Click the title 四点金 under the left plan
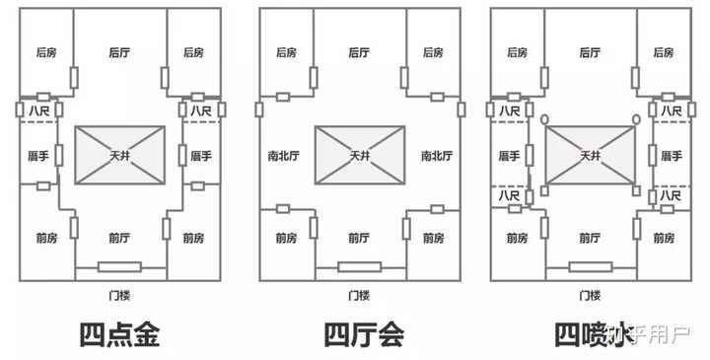[x=119, y=335]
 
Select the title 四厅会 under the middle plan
[x=364, y=335]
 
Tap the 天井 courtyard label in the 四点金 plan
[x=120, y=156]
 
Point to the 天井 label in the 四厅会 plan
[x=360, y=156]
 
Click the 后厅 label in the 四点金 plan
[x=119, y=52]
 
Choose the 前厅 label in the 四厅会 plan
[x=359, y=238]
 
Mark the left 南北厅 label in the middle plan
[x=283, y=156]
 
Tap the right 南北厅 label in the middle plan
[x=437, y=156]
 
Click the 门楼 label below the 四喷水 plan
[x=590, y=296]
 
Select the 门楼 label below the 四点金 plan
[x=119, y=296]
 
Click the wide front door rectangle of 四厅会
[x=360, y=266]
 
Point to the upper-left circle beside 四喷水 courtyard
[x=544, y=119]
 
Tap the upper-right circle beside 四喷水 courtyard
[x=636, y=119]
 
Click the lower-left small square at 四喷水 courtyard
[x=544, y=190]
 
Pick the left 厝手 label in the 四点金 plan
[x=38, y=156]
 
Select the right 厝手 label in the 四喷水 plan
[x=672, y=156]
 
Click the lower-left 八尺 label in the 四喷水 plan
[x=509, y=195]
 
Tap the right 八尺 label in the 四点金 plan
[x=200, y=110]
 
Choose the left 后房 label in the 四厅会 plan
[x=286, y=52]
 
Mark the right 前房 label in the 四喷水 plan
[x=664, y=238]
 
